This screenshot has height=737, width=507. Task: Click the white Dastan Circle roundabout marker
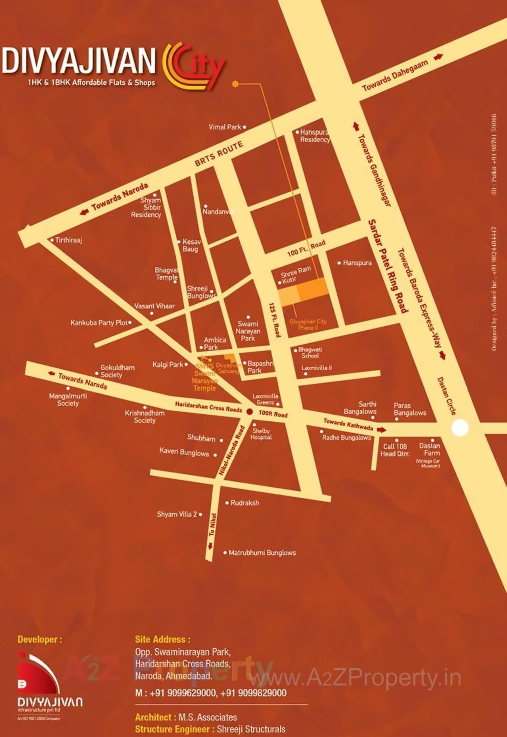pos(459,427)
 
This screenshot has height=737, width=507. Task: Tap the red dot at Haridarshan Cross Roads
pos(250,412)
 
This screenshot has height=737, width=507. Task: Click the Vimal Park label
pos(225,127)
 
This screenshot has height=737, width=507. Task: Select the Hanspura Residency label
pos(315,136)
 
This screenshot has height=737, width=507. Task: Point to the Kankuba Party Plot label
pos(99,323)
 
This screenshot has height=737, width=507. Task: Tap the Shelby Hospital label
pos(261,434)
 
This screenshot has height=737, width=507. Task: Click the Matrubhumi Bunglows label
pos(262,553)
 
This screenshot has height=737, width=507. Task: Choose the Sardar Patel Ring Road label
pos(387,266)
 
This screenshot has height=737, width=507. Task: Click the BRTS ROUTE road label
pos(219,153)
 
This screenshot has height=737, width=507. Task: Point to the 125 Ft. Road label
pos(275,320)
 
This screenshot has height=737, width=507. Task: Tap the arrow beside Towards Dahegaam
pos(438,57)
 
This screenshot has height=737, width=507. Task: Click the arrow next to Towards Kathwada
pos(381,430)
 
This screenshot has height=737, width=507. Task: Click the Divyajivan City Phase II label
pos(308,325)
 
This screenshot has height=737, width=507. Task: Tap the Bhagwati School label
pos(310,353)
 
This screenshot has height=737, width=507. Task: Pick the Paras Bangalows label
pos(410,409)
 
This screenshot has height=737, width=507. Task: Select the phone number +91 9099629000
pos(183,693)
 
